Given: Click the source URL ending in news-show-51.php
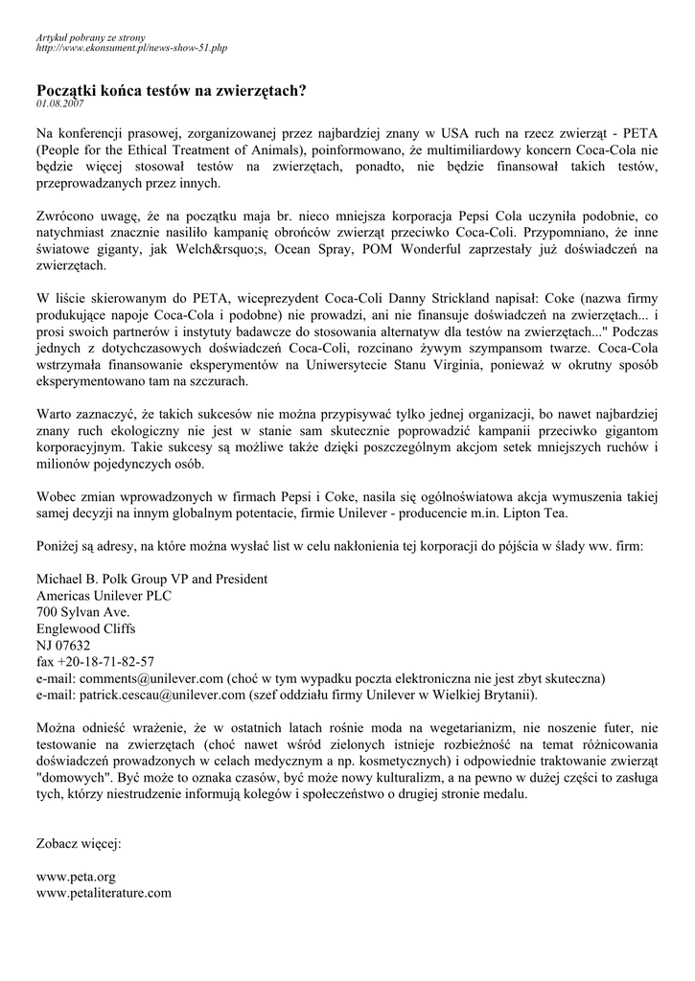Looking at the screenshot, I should point(131,47).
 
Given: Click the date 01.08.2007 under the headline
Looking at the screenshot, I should point(60,103).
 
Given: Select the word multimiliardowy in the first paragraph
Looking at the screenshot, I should point(498,148).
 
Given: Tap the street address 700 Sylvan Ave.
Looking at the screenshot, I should point(83,611).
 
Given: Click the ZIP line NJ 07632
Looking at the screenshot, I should point(63,645).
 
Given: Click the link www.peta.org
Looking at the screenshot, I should point(76,876).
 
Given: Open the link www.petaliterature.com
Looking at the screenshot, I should point(104,892).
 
